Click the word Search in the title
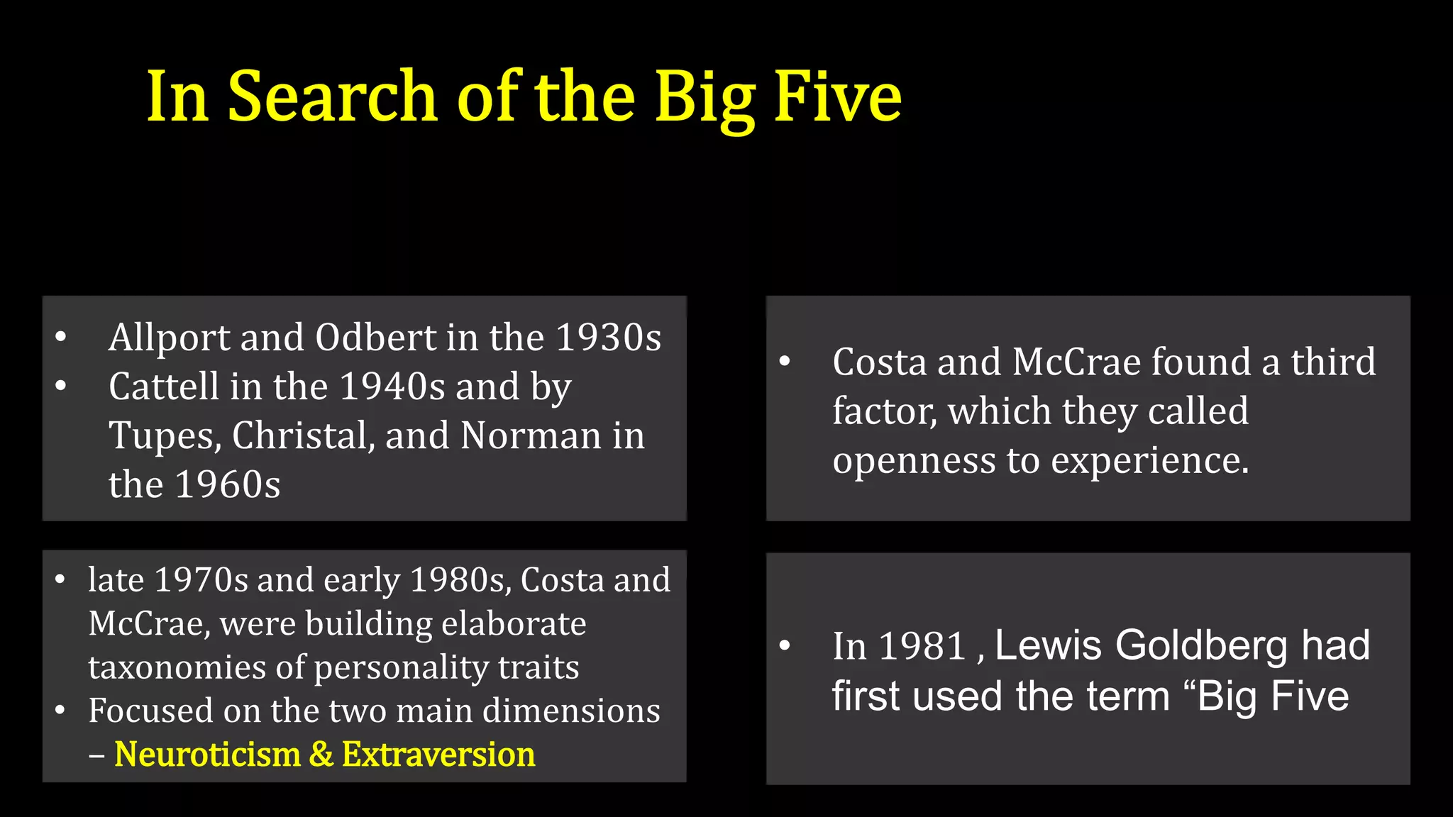pyautogui.click(x=331, y=97)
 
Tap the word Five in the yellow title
pyautogui.click(x=837, y=97)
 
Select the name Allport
pyautogui.click(x=169, y=338)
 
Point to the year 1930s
pyautogui.click(x=608, y=338)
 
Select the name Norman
pyautogui.click(x=531, y=436)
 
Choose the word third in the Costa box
pyautogui.click(x=1332, y=362)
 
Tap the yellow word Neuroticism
pyautogui.click(x=207, y=754)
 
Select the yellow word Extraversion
pyautogui.click(x=438, y=754)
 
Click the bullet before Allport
pyautogui.click(x=61, y=337)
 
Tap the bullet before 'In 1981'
pyautogui.click(x=785, y=645)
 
